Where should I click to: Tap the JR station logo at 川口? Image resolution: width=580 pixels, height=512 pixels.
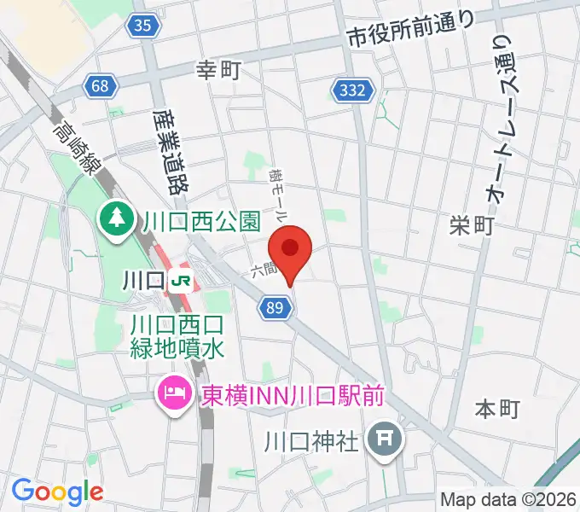pyautogui.click(x=180, y=279)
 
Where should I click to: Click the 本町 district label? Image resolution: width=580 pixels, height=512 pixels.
pyautogui.click(x=496, y=410)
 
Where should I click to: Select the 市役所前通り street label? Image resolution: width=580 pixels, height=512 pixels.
pyautogui.click(x=410, y=32)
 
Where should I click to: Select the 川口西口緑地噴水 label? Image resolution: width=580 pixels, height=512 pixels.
pyautogui.click(x=177, y=335)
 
